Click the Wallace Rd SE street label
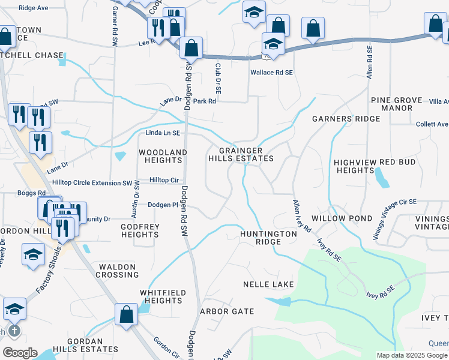tap(271, 72)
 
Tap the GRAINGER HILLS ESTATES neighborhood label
tap(241, 154)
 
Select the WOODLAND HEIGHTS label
tap(163, 157)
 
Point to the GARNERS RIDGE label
tap(346, 119)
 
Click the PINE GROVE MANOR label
tap(392, 104)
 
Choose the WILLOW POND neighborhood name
tap(350, 218)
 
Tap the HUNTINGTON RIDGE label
tap(268, 238)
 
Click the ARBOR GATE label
tap(227, 311)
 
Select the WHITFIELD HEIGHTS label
tap(161, 296)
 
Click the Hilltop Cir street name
tap(164, 180)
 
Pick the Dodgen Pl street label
tap(163, 205)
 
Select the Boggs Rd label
tap(32, 193)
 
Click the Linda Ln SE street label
tap(163, 133)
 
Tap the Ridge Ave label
tap(33, 8)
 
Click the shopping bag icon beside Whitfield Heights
tap(126, 316)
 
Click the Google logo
tap(20, 353)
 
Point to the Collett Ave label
tap(432, 124)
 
